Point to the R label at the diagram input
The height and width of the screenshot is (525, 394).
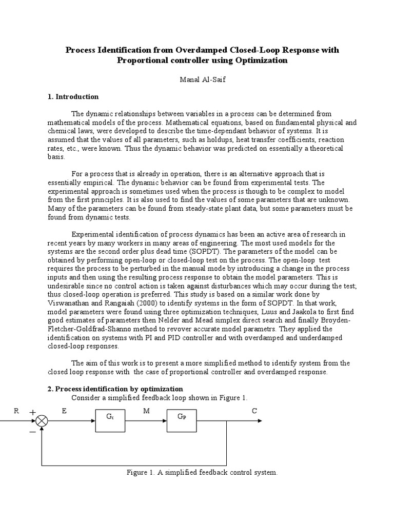click(16, 411)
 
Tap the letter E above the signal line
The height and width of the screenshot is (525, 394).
click(64, 411)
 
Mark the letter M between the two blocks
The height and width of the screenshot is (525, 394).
click(146, 411)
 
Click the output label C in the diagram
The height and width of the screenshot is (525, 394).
click(254, 411)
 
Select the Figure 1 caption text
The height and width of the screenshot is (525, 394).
click(202, 472)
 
